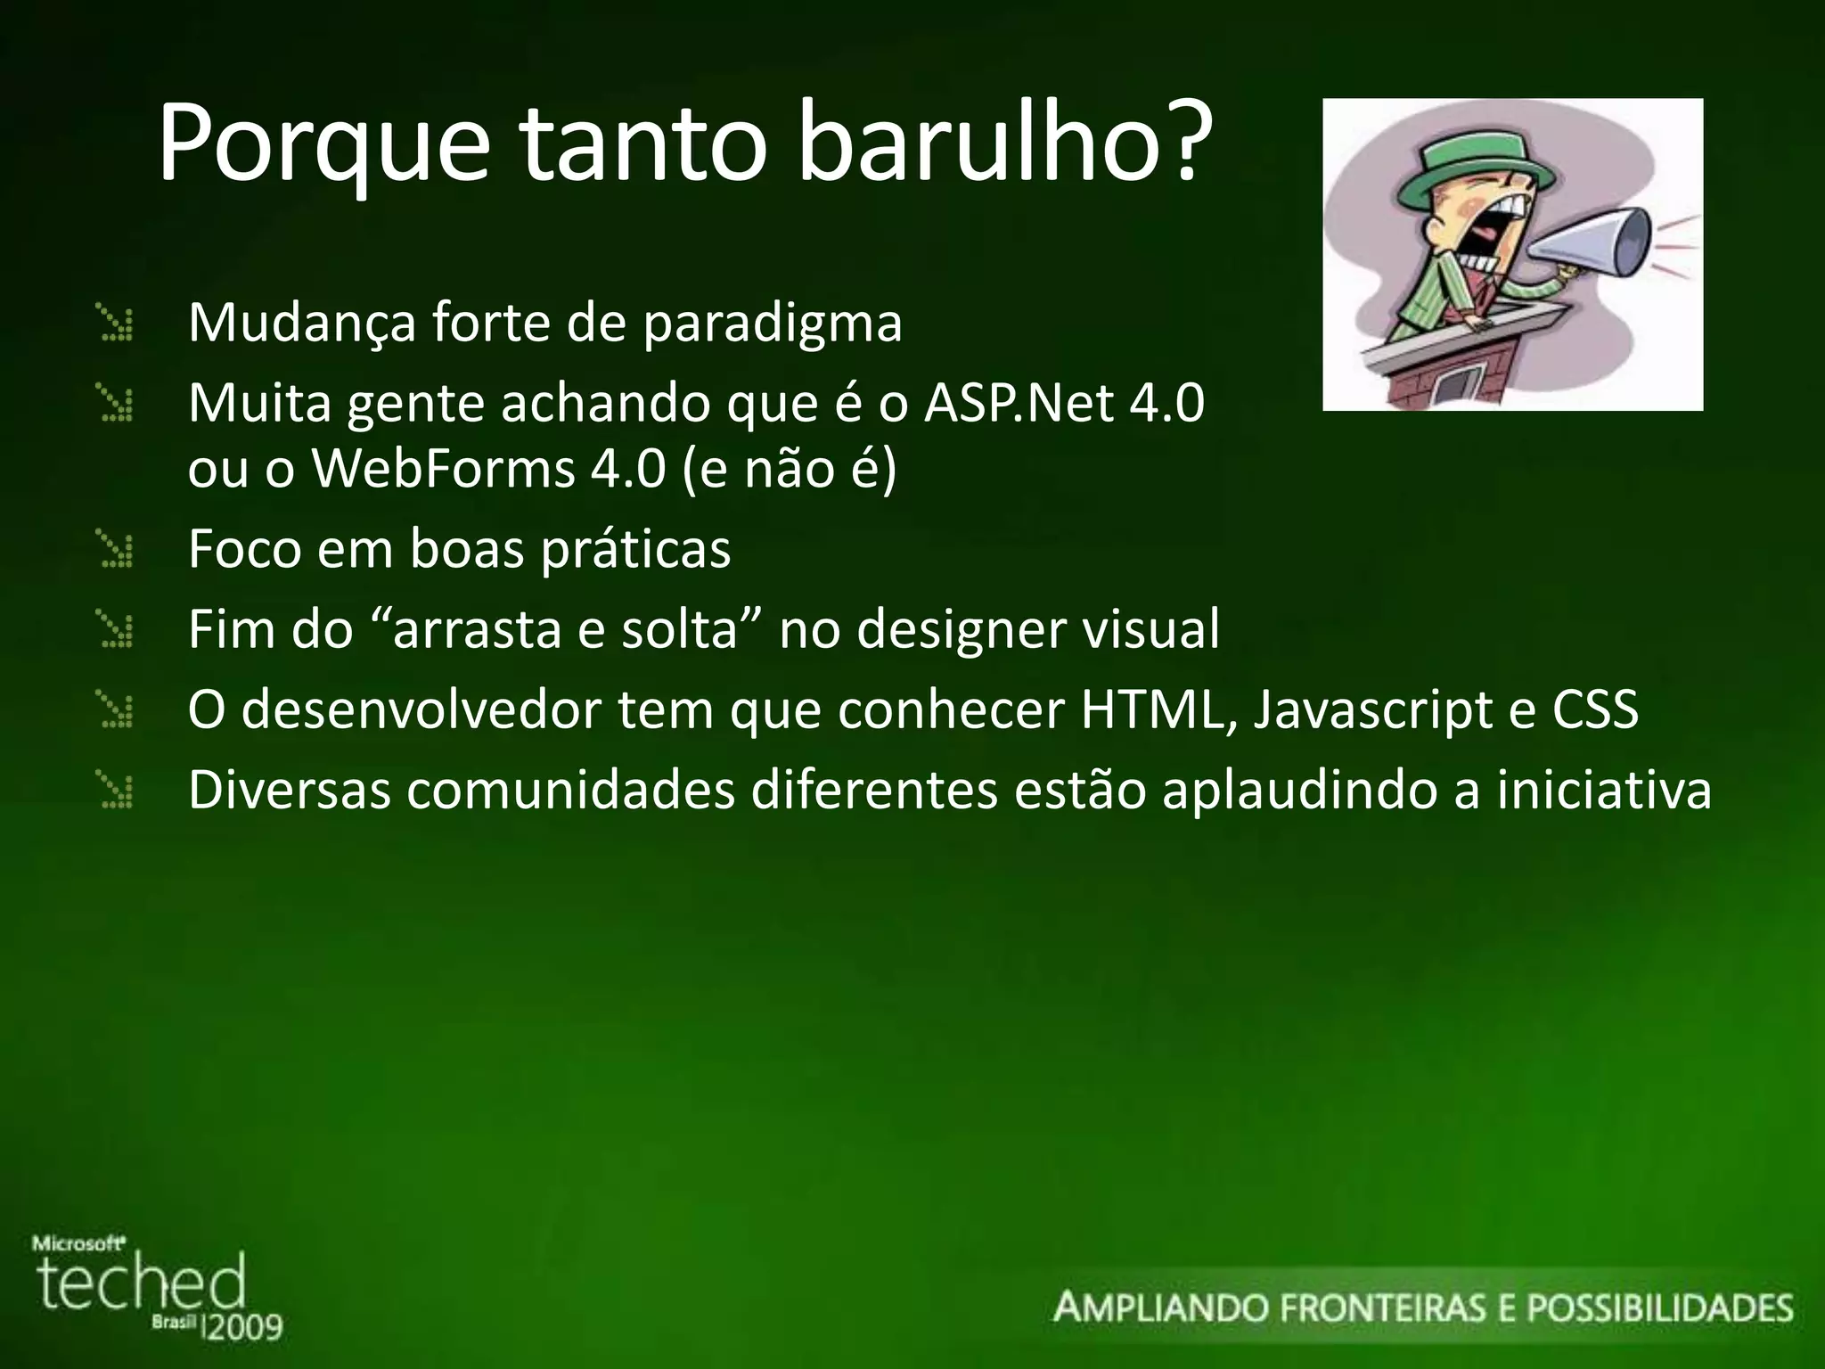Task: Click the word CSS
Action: click(1595, 710)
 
